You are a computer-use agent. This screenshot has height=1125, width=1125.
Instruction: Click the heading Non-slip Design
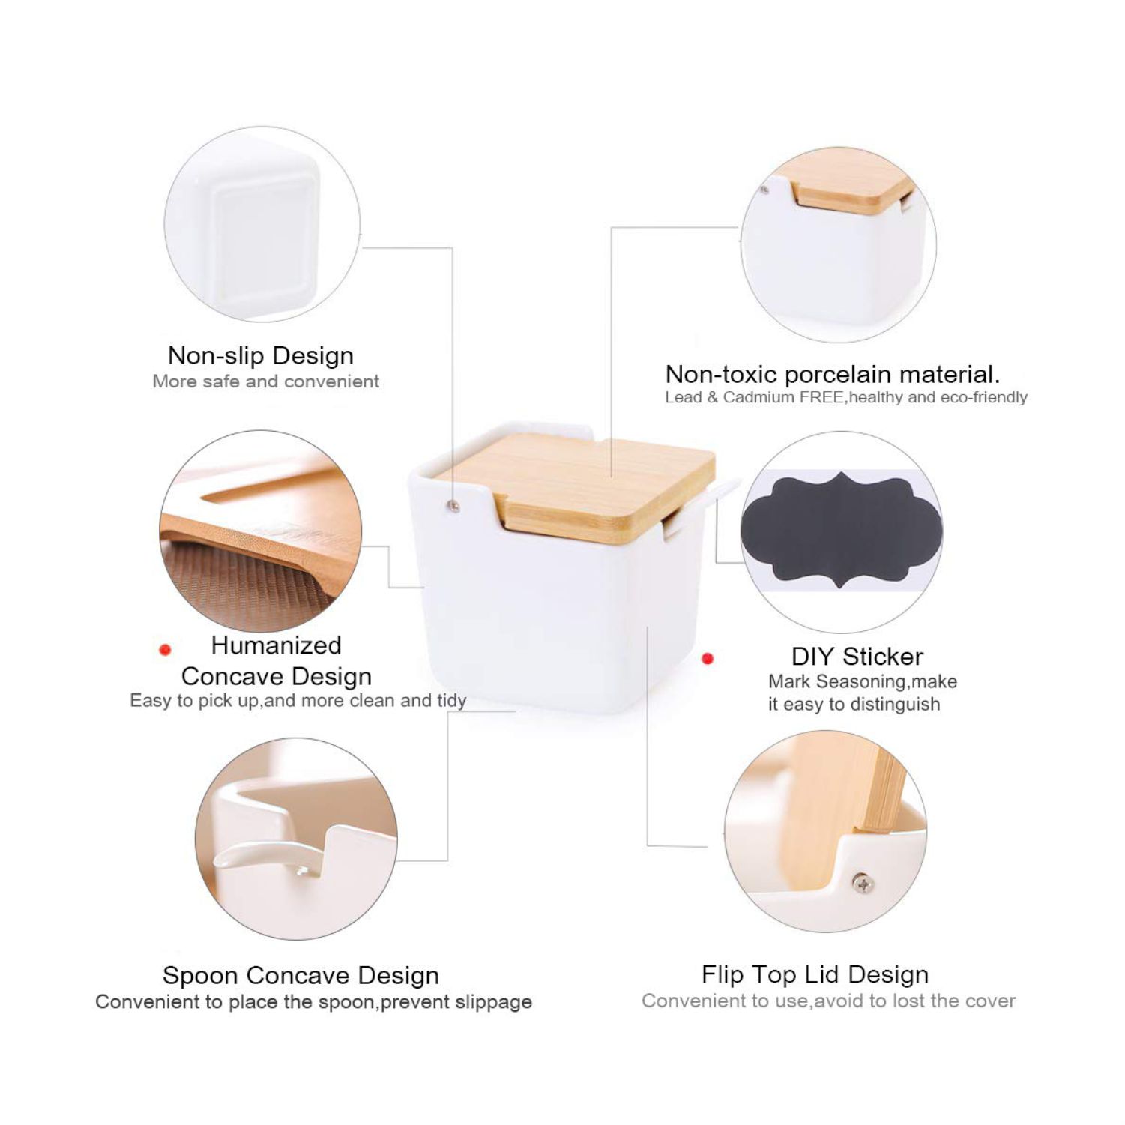tap(261, 355)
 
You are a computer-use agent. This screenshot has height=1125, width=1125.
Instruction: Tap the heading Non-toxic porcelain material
tap(833, 374)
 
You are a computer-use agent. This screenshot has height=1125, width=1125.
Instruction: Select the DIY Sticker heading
tap(857, 657)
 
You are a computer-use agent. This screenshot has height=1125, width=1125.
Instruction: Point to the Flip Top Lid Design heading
tap(815, 974)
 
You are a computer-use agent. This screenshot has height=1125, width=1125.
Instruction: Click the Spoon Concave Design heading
tap(301, 975)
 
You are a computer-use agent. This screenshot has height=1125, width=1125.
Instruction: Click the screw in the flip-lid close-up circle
tap(863, 884)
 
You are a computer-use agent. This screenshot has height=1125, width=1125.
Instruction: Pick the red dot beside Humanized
tap(166, 650)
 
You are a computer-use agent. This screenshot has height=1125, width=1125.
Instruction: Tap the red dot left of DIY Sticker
tap(707, 659)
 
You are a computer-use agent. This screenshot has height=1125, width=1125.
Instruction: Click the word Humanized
tap(276, 645)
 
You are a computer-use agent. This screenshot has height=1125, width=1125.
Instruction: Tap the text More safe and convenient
tap(266, 381)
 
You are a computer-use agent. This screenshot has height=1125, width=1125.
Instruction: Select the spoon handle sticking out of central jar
tap(700, 507)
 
